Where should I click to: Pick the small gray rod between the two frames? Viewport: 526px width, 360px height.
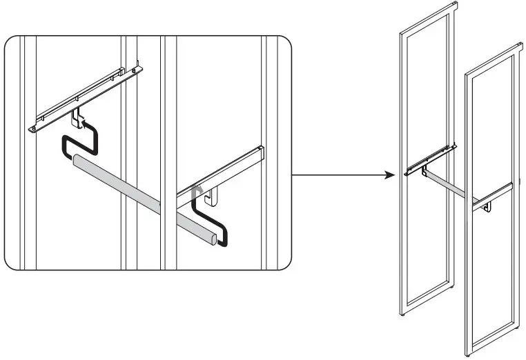[x=449, y=186]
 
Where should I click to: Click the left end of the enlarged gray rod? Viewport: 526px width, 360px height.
[x=77, y=162]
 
